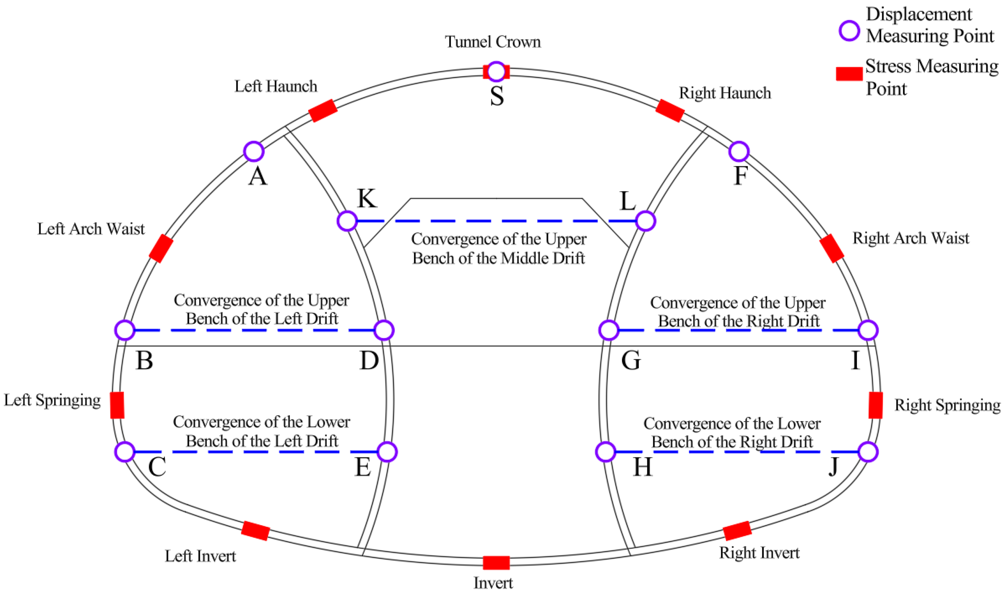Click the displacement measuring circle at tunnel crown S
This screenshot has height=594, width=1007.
(x=496, y=72)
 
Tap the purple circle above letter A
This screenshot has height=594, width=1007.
(x=253, y=151)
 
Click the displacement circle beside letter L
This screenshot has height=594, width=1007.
(x=645, y=221)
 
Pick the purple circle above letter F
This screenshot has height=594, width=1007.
(x=739, y=151)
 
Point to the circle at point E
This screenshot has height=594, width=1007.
(x=387, y=452)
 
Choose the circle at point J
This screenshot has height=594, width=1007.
(x=868, y=452)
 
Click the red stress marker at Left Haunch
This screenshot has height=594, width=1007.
(x=323, y=110)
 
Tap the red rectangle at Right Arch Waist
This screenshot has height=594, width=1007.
(x=832, y=248)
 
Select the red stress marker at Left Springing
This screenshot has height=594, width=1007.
(x=117, y=405)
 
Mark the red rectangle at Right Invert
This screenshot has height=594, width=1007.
(x=737, y=531)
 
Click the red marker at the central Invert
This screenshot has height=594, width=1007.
(x=496, y=562)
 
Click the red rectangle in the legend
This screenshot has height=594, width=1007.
(x=849, y=74)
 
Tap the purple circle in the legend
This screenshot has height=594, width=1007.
(x=849, y=31)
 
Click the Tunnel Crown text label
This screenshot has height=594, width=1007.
(x=493, y=42)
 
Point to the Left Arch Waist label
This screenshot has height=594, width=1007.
(x=91, y=229)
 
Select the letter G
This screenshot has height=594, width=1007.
(x=631, y=360)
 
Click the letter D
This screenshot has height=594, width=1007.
(x=369, y=360)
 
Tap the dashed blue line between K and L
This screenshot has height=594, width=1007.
(x=496, y=221)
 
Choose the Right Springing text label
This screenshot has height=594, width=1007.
(x=947, y=405)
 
